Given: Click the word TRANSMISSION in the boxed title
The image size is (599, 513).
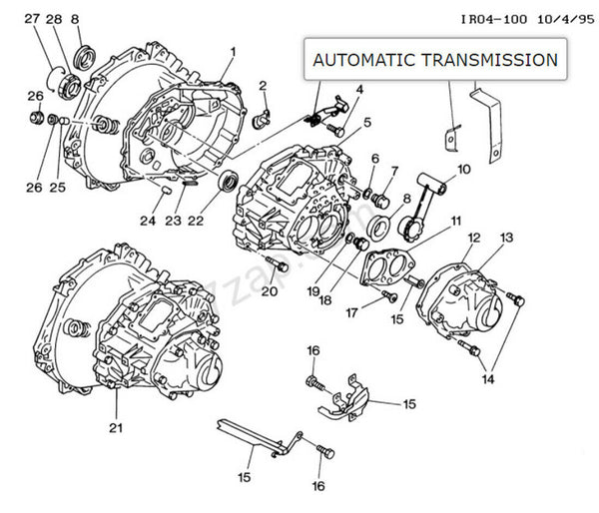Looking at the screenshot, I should pyautogui.click(x=490, y=60).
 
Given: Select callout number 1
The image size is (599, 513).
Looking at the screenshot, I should pyautogui.click(x=233, y=51).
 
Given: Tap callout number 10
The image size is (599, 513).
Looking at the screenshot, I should pyautogui.click(x=464, y=169).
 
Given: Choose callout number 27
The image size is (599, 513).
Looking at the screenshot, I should pyautogui.click(x=31, y=19).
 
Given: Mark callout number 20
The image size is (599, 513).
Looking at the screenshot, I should pyautogui.click(x=269, y=290).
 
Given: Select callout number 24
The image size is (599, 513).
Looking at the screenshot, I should pyautogui.click(x=148, y=221).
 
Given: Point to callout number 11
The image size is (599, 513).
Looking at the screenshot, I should pyautogui.click(x=454, y=221).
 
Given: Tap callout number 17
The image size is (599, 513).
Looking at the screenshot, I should pyautogui.click(x=351, y=312).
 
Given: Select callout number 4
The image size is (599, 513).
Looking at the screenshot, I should pyautogui.click(x=358, y=90).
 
